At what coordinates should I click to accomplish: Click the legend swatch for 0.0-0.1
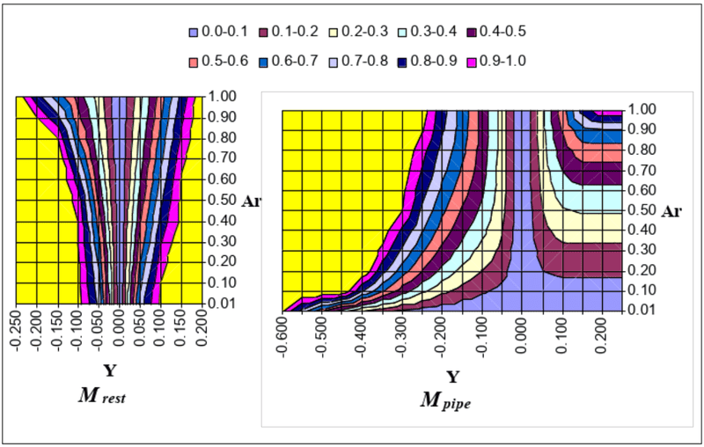tap(194, 33)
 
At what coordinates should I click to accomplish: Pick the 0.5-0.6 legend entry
tap(218, 62)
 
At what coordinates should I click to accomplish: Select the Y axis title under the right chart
tap(452, 377)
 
